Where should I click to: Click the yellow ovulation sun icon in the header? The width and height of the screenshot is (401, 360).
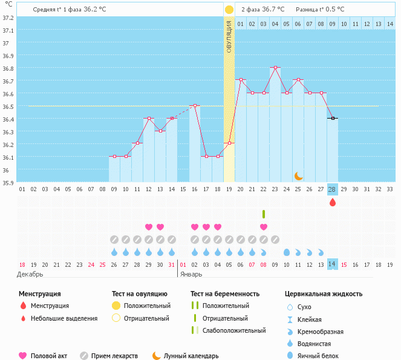point(229,10)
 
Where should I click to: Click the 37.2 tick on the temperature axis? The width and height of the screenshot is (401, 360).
point(8,18)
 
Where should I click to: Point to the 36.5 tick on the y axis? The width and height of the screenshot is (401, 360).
point(8,106)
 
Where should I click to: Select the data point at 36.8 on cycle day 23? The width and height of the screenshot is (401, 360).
point(275,68)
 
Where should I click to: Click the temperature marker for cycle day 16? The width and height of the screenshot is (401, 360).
point(195,106)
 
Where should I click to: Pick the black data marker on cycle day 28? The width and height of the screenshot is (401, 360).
point(333,119)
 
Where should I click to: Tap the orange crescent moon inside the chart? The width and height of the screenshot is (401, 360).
point(299,176)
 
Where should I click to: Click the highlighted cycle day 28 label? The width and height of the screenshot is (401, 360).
point(332,189)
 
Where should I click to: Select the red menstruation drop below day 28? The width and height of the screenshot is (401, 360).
point(332,203)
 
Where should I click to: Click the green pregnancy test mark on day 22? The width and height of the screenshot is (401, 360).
point(264,214)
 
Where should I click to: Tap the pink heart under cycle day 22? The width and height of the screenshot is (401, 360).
point(264,227)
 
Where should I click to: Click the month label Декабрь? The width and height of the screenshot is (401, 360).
point(30,274)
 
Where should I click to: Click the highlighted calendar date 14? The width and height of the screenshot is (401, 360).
point(332,264)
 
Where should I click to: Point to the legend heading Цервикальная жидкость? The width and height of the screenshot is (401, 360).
point(324,294)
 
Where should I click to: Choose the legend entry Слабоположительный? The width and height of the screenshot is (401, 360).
point(234,330)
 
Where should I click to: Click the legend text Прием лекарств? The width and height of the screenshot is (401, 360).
point(114,356)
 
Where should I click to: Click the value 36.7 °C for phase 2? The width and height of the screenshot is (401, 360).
point(273,10)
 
